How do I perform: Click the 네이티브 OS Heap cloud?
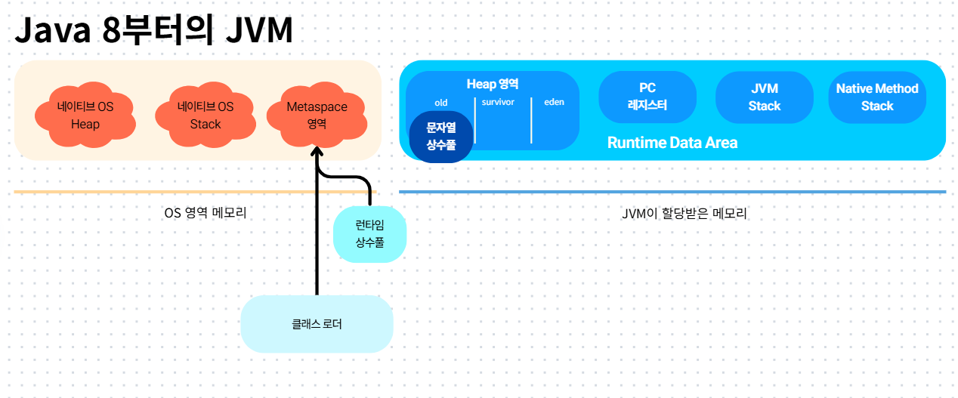click(85, 115)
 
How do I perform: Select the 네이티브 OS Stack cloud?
click(205, 115)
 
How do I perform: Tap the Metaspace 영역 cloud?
click(317, 115)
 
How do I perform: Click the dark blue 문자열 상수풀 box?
click(441, 137)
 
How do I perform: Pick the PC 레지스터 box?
click(647, 97)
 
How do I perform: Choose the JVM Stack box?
click(764, 97)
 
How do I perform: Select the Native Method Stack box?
click(876, 97)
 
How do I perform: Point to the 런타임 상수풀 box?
click(369, 234)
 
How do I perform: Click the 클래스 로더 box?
click(317, 324)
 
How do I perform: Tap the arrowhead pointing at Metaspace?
click(317, 151)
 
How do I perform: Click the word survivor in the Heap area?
click(498, 102)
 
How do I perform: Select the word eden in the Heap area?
click(554, 102)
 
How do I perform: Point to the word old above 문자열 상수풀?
click(440, 103)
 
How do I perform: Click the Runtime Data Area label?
click(672, 142)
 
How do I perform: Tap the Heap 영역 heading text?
click(492, 85)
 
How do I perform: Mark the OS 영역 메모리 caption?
click(206, 213)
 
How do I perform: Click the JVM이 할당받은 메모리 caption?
click(684, 213)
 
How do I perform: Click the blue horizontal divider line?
click(672, 192)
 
